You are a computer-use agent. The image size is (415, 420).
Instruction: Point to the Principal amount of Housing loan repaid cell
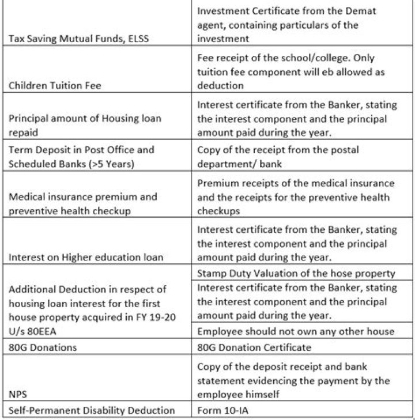point(85,125)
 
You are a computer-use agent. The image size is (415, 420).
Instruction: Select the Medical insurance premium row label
point(82,203)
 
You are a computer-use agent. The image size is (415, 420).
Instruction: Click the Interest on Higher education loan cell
point(86,258)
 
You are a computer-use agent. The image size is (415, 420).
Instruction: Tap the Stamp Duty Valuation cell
point(296,273)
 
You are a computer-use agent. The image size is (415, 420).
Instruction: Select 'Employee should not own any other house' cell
point(296,331)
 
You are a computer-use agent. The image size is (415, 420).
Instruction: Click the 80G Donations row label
point(43,347)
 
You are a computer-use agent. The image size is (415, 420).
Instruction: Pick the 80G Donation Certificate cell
point(254,347)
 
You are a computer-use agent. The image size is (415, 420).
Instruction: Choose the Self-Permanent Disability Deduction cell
point(92,411)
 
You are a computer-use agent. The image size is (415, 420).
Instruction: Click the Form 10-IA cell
point(221,411)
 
